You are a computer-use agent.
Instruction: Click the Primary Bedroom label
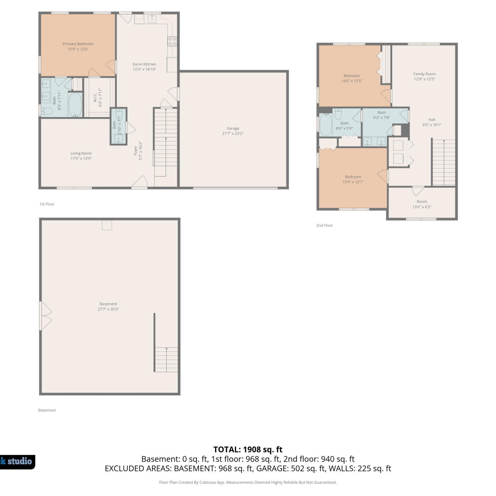pos(78,44)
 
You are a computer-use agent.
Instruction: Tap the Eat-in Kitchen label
pos(145,64)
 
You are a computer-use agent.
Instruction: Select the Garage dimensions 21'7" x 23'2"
pos(233,134)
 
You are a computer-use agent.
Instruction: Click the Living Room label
pos(81,153)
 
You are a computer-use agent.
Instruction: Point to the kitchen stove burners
pos(172,41)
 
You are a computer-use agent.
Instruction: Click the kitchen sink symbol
pos(152,19)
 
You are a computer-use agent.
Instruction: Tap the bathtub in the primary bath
pos(75,104)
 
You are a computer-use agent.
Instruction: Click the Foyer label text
pos(136,151)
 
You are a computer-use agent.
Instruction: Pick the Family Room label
pos(425,74)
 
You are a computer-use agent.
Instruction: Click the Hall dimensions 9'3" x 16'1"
pos(432,125)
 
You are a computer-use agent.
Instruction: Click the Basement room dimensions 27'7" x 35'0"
pos(108,310)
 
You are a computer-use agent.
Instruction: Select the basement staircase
pos(166,359)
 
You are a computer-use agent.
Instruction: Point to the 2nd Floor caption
pos(324,226)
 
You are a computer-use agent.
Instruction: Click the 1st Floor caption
pos(47,204)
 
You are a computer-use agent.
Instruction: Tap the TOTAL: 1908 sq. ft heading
pos(248,450)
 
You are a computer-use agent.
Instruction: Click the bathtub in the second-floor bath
pos(326,124)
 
